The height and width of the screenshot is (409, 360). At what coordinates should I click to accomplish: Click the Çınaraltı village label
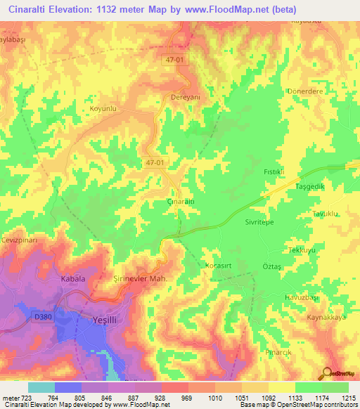click(x=179, y=202)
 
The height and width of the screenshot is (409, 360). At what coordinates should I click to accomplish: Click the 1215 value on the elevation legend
click(x=349, y=398)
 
